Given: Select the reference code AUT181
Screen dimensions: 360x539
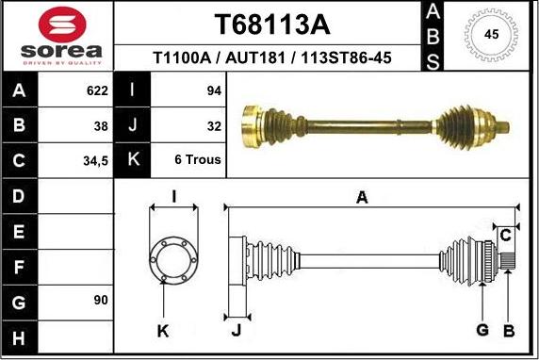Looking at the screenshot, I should coord(255,57).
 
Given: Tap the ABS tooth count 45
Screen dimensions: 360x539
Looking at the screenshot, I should coord(491,35).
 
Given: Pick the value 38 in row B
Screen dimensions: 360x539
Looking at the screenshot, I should coord(98,125).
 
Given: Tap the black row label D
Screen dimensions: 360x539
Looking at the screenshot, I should coord(20,196).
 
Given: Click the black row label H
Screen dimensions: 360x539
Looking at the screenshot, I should coord(20,335).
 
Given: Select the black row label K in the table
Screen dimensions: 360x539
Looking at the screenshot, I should coord(132,160).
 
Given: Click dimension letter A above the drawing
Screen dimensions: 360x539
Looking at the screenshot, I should coord(361,196).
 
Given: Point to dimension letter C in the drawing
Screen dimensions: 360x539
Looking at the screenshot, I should coord(505,234).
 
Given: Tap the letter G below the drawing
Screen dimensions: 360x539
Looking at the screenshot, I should coord(482,329).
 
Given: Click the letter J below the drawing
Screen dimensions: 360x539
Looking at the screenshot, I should coord(237,329).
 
